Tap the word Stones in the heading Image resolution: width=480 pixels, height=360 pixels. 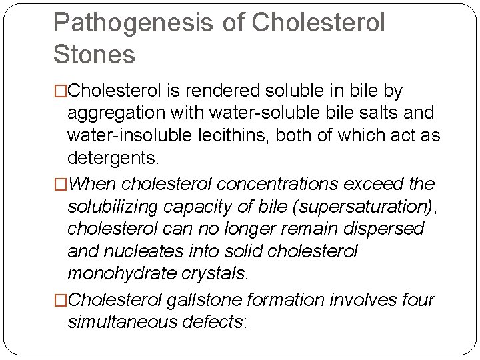coord(94,55)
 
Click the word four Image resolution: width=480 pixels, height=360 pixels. coord(417,300)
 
